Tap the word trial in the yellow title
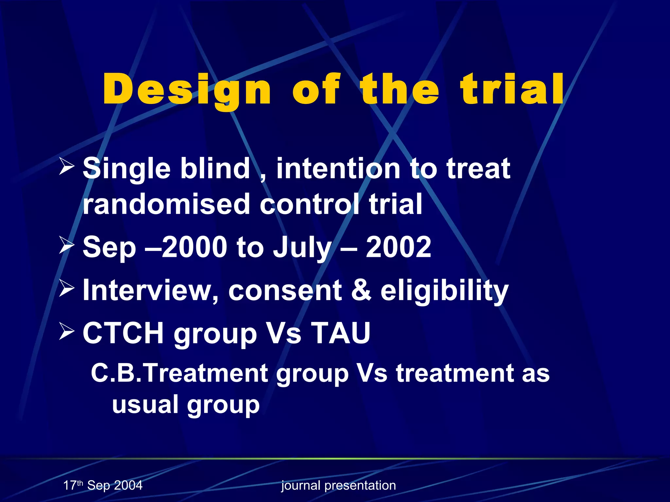pyautogui.click(x=512, y=89)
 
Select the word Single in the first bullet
pyautogui.click(x=126, y=169)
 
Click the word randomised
pyautogui.click(x=166, y=204)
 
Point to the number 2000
pyautogui.click(x=194, y=247)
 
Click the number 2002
pyautogui.click(x=398, y=247)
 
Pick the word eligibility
pyautogui.click(x=444, y=292)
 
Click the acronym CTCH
pyautogui.click(x=123, y=333)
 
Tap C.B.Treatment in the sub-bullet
pyautogui.click(x=179, y=373)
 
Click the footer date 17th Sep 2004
pyautogui.click(x=103, y=485)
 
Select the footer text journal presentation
pyautogui.click(x=339, y=486)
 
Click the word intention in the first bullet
pyautogui.click(x=338, y=169)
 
